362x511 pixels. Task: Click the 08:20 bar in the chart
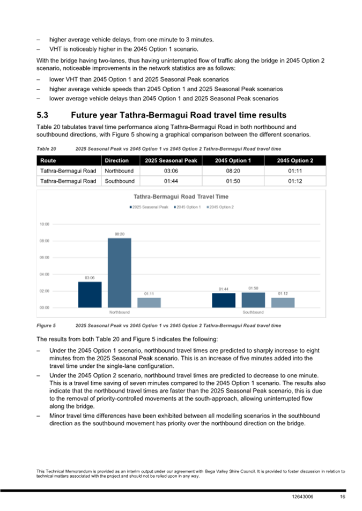coord(120,272)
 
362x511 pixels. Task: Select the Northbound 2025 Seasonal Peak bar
coord(90,294)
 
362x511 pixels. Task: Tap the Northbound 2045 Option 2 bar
coord(149,302)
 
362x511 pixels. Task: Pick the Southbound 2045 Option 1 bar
coord(253,300)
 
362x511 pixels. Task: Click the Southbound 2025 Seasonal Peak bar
coord(224,300)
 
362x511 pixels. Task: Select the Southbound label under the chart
coord(253,312)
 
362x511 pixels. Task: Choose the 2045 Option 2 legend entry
coord(221,207)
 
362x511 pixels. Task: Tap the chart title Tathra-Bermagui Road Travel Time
coord(180,197)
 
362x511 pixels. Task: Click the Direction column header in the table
coord(116,160)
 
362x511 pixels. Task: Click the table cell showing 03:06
coord(168,171)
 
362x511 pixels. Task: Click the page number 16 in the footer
coord(342,498)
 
